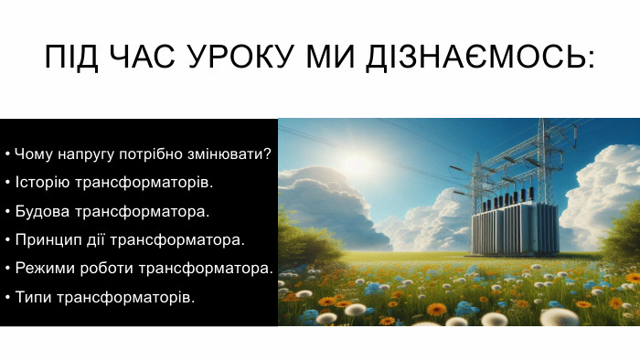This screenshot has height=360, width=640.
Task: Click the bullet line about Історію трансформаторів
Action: [109, 183]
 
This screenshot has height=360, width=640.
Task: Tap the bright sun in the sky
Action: [357, 164]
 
